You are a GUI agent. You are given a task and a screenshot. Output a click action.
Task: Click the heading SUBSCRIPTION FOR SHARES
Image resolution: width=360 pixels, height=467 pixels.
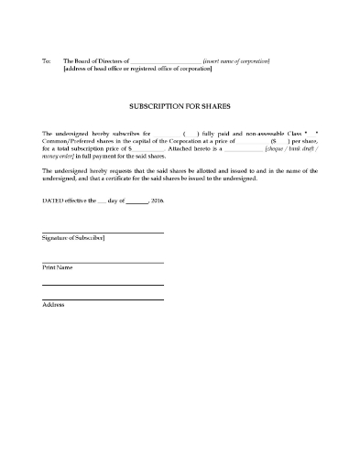point(180,106)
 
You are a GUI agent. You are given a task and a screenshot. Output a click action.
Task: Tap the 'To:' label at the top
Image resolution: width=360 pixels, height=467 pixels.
point(47,60)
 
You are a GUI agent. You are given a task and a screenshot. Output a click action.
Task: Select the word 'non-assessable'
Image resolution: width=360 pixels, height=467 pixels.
point(256,134)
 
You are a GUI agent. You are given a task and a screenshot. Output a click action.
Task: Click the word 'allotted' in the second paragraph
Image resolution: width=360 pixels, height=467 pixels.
point(224,170)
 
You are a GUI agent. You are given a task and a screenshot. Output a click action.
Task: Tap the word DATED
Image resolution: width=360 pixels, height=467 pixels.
point(53,199)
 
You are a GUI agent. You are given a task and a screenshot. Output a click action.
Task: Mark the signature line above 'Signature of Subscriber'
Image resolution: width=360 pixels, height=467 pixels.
point(103,233)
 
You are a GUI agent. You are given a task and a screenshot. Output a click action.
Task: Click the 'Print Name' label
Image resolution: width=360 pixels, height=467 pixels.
point(58,267)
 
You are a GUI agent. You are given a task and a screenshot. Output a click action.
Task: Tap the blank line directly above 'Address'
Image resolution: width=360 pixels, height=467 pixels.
point(103,299)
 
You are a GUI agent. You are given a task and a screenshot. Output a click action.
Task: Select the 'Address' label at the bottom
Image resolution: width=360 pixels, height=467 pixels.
point(53,304)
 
